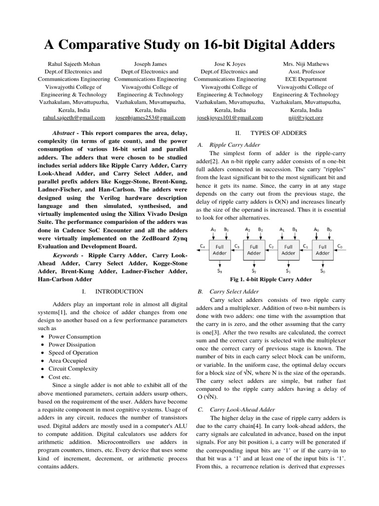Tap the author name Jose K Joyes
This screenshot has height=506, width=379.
[x=229, y=64]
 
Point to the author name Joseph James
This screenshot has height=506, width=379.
[x=151, y=64]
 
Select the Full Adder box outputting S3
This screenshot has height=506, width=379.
[x=220, y=250]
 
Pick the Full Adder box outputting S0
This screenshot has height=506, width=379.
[x=322, y=250]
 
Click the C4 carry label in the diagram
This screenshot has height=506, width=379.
[x=202, y=246]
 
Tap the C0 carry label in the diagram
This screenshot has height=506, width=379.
[x=340, y=246]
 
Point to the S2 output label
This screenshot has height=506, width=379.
[x=254, y=271]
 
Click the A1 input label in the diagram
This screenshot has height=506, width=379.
[x=282, y=230]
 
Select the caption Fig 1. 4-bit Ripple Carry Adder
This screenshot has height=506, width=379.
[x=267, y=280]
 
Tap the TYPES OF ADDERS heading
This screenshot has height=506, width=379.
[x=278, y=133]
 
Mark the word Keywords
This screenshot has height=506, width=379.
[x=65, y=255]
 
